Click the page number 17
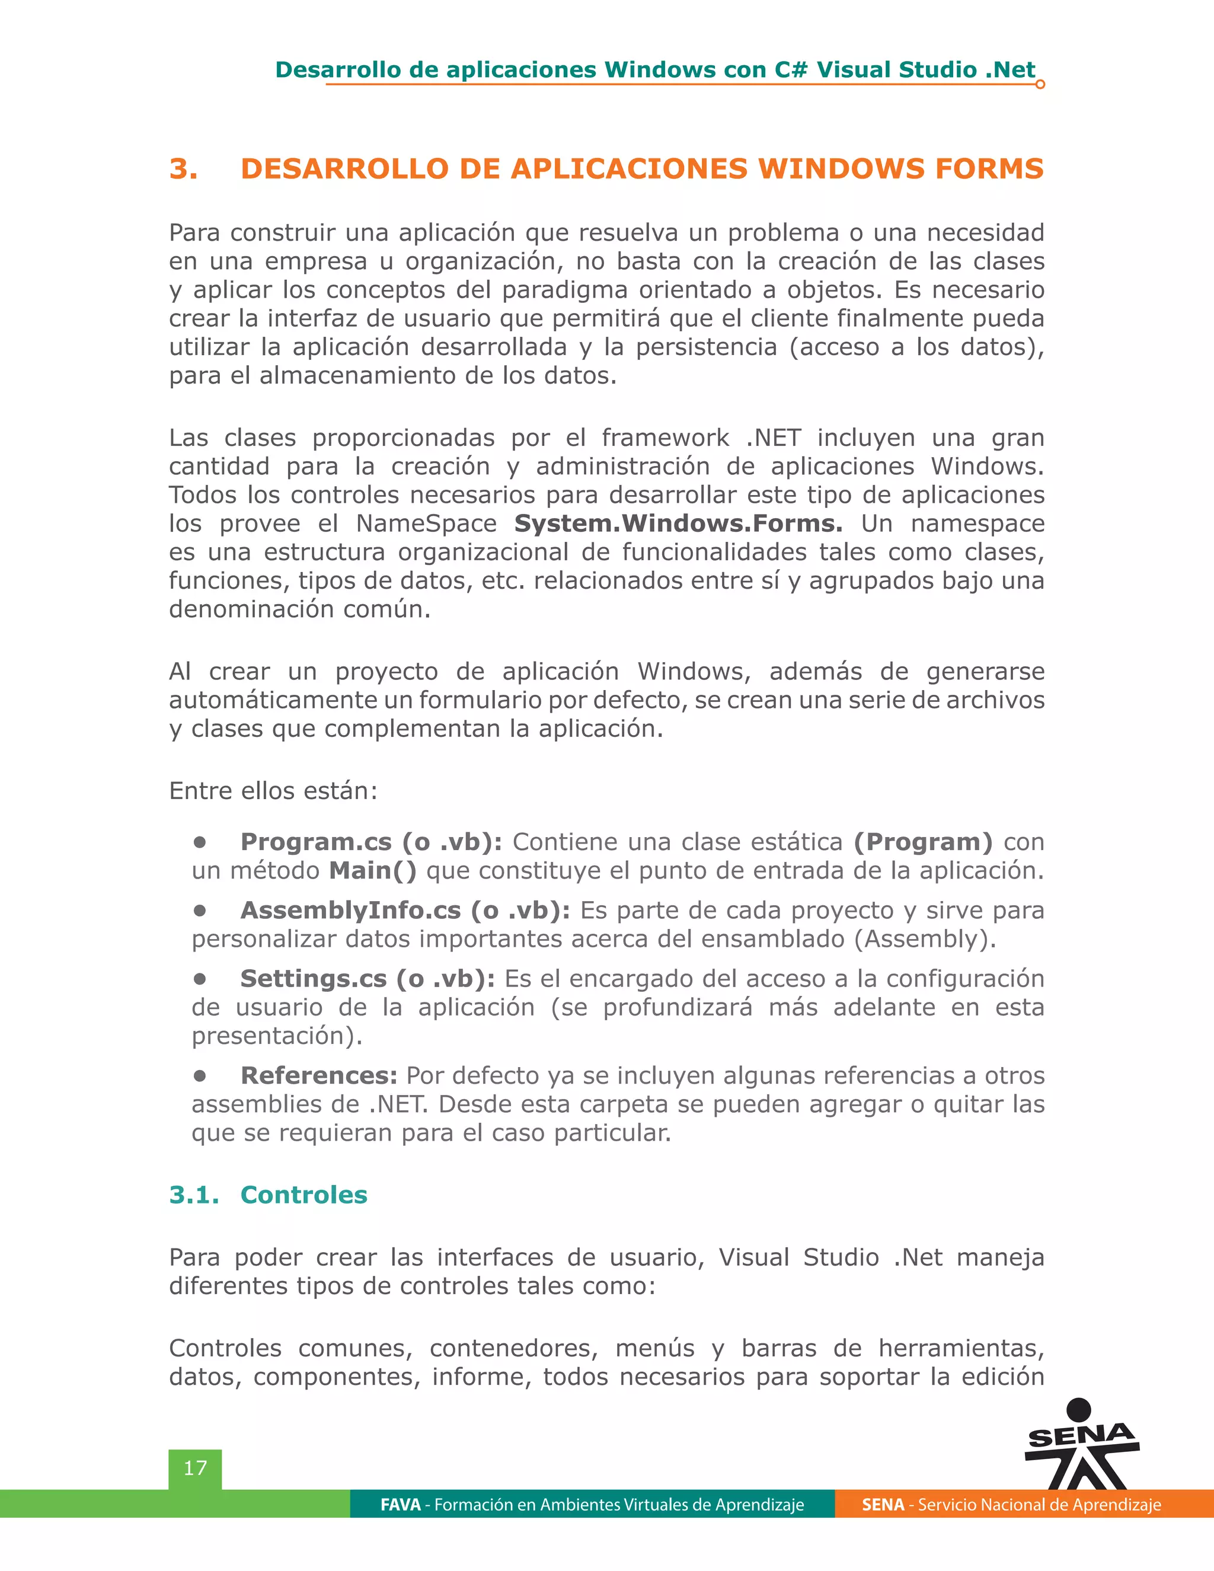[x=195, y=1468]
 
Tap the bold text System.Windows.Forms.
[x=678, y=523]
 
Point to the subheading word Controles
[x=303, y=1195]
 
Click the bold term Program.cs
[x=316, y=842]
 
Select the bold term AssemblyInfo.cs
[x=350, y=910]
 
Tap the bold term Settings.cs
[x=313, y=978]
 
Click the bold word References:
[x=318, y=1075]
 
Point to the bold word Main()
[x=372, y=870]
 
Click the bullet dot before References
[x=200, y=1075]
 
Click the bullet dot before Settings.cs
[x=200, y=978]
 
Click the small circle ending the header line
[x=1040, y=85]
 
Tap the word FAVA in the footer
[x=400, y=1505]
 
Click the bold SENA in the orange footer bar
[x=883, y=1505]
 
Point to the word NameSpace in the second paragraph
[x=426, y=523]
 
